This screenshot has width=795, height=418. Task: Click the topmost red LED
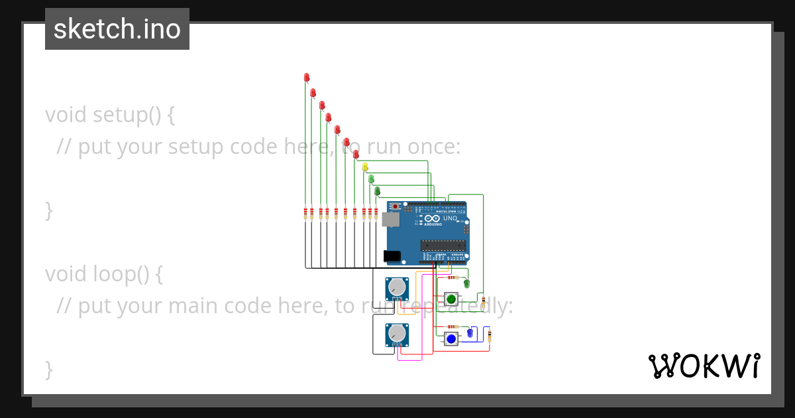tap(307, 78)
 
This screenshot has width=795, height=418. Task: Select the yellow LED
tap(365, 167)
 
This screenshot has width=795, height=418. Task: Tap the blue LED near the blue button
tap(470, 333)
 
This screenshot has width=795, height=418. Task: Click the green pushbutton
tap(451, 299)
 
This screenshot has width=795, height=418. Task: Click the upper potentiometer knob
tap(396, 287)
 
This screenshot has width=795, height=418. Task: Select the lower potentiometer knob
tap(396, 333)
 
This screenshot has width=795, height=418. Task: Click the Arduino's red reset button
tap(396, 207)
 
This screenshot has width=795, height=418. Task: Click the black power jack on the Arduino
tap(392, 256)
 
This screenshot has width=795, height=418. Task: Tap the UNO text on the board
tap(450, 218)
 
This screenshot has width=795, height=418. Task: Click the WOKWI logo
tap(704, 366)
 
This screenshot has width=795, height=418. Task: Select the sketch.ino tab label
tap(117, 29)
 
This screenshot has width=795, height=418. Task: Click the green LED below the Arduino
tap(466, 284)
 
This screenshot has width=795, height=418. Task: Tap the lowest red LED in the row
tap(356, 154)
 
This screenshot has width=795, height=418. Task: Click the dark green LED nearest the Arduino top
tap(377, 191)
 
